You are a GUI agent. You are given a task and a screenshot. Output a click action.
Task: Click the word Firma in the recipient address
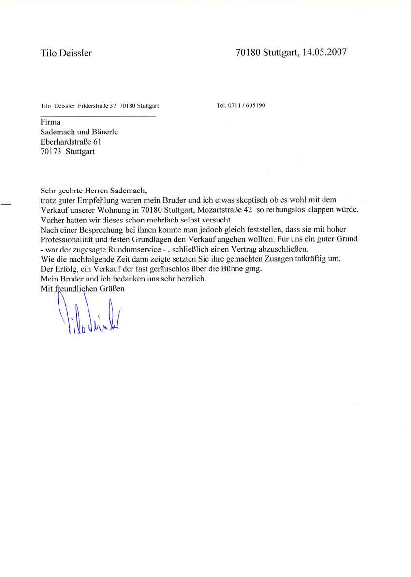point(51,123)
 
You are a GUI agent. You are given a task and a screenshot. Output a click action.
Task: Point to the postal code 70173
point(51,151)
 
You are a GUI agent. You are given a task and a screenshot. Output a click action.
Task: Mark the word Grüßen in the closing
point(111,289)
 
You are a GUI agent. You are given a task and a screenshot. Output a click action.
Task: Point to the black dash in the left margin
point(6,205)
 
